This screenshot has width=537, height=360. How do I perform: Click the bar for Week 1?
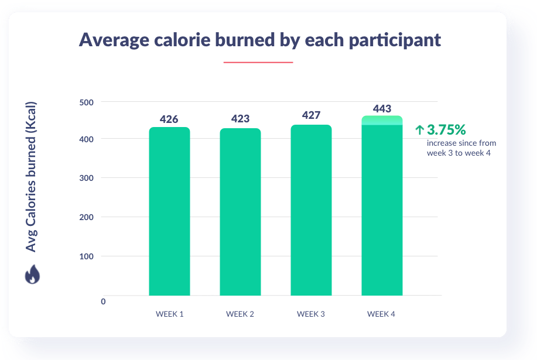(x=169, y=211)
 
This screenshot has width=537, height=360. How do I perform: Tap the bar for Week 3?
(x=311, y=210)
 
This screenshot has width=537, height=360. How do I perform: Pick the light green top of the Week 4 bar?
(x=382, y=120)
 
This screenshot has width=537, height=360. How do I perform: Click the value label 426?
(x=169, y=119)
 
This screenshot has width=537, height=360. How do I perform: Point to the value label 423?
(x=240, y=119)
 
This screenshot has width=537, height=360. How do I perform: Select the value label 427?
(x=311, y=115)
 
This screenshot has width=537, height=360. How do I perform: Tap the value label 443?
(x=382, y=108)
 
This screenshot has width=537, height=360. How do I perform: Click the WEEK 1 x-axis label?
(x=169, y=314)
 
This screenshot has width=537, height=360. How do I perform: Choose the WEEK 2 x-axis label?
(x=240, y=314)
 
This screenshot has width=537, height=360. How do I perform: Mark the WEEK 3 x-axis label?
(x=311, y=314)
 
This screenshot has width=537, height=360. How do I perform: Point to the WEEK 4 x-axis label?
(x=381, y=314)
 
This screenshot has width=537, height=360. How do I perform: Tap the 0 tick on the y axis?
(x=103, y=301)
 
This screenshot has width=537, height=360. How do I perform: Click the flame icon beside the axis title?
(x=32, y=275)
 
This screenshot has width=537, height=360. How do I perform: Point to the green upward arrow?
(x=419, y=130)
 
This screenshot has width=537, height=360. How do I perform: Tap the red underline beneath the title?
(x=258, y=61)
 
